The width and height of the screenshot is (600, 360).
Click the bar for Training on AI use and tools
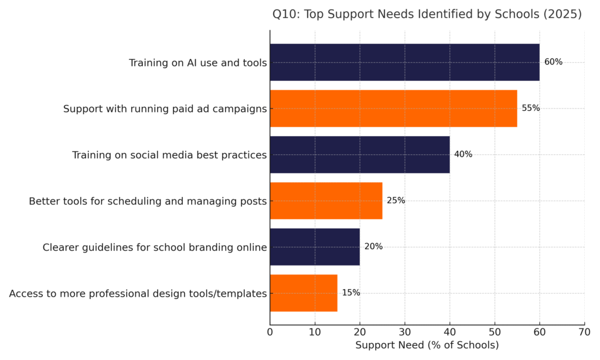coord(404,62)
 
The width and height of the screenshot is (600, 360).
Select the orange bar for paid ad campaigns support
coord(393,108)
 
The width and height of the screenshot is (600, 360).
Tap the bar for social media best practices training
coord(360,155)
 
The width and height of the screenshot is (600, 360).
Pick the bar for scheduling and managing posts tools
coord(326,201)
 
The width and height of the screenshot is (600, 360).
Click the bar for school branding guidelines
coord(315,247)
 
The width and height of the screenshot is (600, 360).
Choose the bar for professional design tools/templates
coord(304,293)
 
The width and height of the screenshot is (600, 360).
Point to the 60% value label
coord(553,62)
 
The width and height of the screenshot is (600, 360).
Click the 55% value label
coord(531,108)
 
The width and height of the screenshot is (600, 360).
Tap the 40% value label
coord(463,155)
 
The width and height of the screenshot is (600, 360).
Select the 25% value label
coord(396,201)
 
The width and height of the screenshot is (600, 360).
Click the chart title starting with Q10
coord(427,15)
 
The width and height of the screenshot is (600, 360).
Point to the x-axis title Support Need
coord(427,345)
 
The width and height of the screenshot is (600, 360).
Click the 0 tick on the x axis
coord(270,332)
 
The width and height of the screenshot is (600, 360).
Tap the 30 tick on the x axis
coord(405,332)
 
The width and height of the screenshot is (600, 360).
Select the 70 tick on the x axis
coord(584,332)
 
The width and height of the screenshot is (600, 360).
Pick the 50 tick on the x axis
coord(495,332)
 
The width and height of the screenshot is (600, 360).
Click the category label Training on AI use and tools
coord(198,63)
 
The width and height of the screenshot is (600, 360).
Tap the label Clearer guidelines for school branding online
coord(155,247)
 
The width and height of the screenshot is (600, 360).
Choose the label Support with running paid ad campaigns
coord(165,109)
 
